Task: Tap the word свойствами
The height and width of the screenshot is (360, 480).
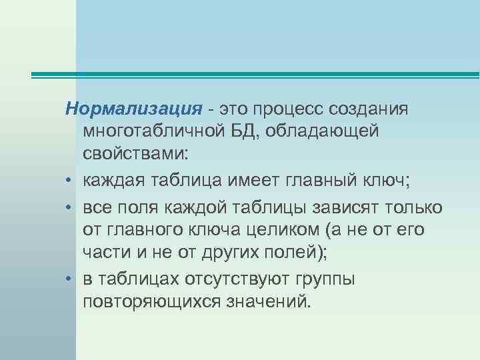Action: (135, 155)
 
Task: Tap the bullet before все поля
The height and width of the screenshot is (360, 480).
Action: (69, 207)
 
